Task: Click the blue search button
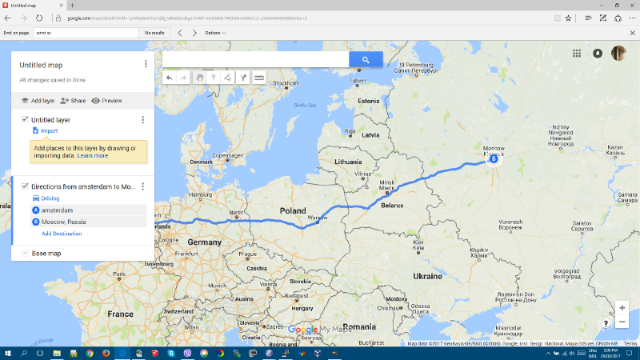(x=366, y=59)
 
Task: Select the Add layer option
(x=38, y=101)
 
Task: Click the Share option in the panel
(x=73, y=101)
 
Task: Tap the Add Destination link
(x=62, y=234)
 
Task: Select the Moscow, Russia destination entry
(x=64, y=222)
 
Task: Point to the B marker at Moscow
(x=493, y=159)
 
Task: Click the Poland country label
(x=293, y=211)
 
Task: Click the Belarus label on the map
(x=392, y=205)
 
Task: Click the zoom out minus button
(x=622, y=322)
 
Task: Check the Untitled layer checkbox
(x=25, y=119)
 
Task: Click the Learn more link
(x=93, y=155)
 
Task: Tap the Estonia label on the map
(x=368, y=102)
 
